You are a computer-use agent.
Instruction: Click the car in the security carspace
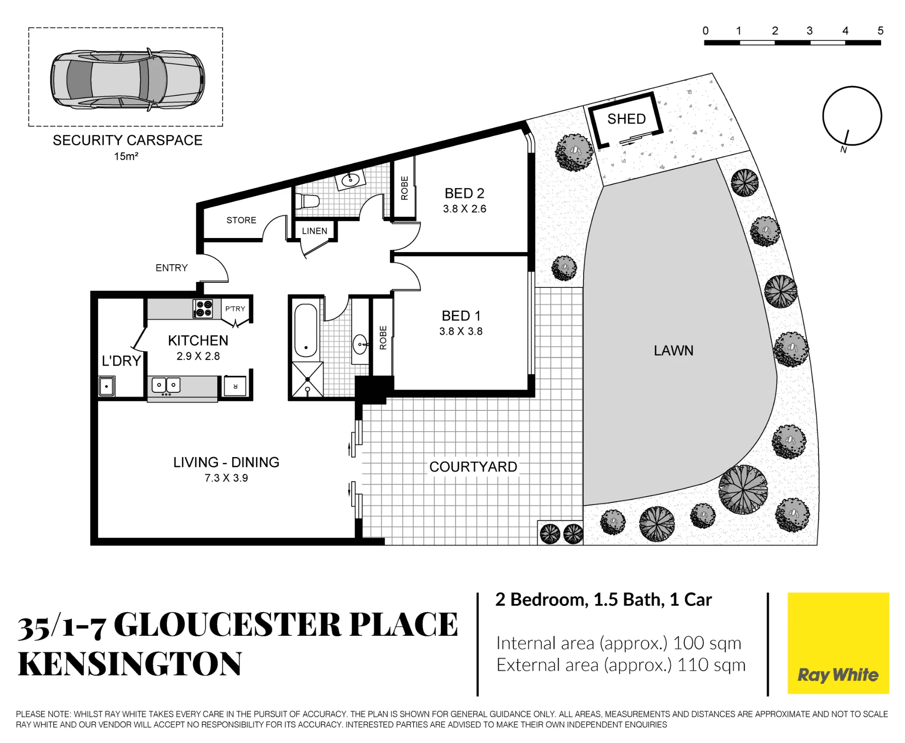tap(127, 79)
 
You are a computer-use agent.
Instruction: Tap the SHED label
tap(626, 119)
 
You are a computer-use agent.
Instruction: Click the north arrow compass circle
tap(852, 116)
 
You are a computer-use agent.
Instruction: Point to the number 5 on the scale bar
tap(880, 31)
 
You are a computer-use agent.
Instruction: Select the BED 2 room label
tap(464, 194)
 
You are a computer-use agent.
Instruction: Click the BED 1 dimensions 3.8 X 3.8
tap(461, 331)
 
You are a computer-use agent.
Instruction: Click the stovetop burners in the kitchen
tap(203, 309)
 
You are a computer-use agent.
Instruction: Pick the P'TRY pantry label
tap(235, 309)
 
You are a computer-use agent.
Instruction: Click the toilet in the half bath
tap(307, 200)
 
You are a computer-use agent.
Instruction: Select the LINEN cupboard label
tap(314, 231)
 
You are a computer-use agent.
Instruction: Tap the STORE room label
tap(241, 220)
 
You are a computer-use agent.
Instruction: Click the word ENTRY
tap(171, 268)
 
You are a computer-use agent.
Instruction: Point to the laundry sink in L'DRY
tap(107, 386)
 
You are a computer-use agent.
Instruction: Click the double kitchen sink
tap(166, 386)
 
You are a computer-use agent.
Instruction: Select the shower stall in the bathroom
tap(307, 379)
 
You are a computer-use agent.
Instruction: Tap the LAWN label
tap(673, 351)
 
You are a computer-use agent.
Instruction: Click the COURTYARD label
tap(473, 467)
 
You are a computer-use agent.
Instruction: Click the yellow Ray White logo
tap(838, 643)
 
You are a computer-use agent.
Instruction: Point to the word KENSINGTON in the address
tap(130, 664)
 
